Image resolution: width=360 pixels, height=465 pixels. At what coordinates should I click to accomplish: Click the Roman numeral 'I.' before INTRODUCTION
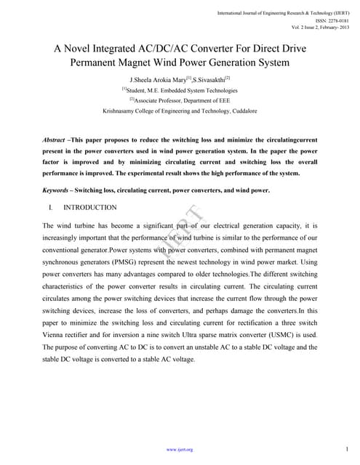coord(49,208)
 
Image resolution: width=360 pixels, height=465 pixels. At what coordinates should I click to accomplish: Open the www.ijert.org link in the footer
coord(180,450)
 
